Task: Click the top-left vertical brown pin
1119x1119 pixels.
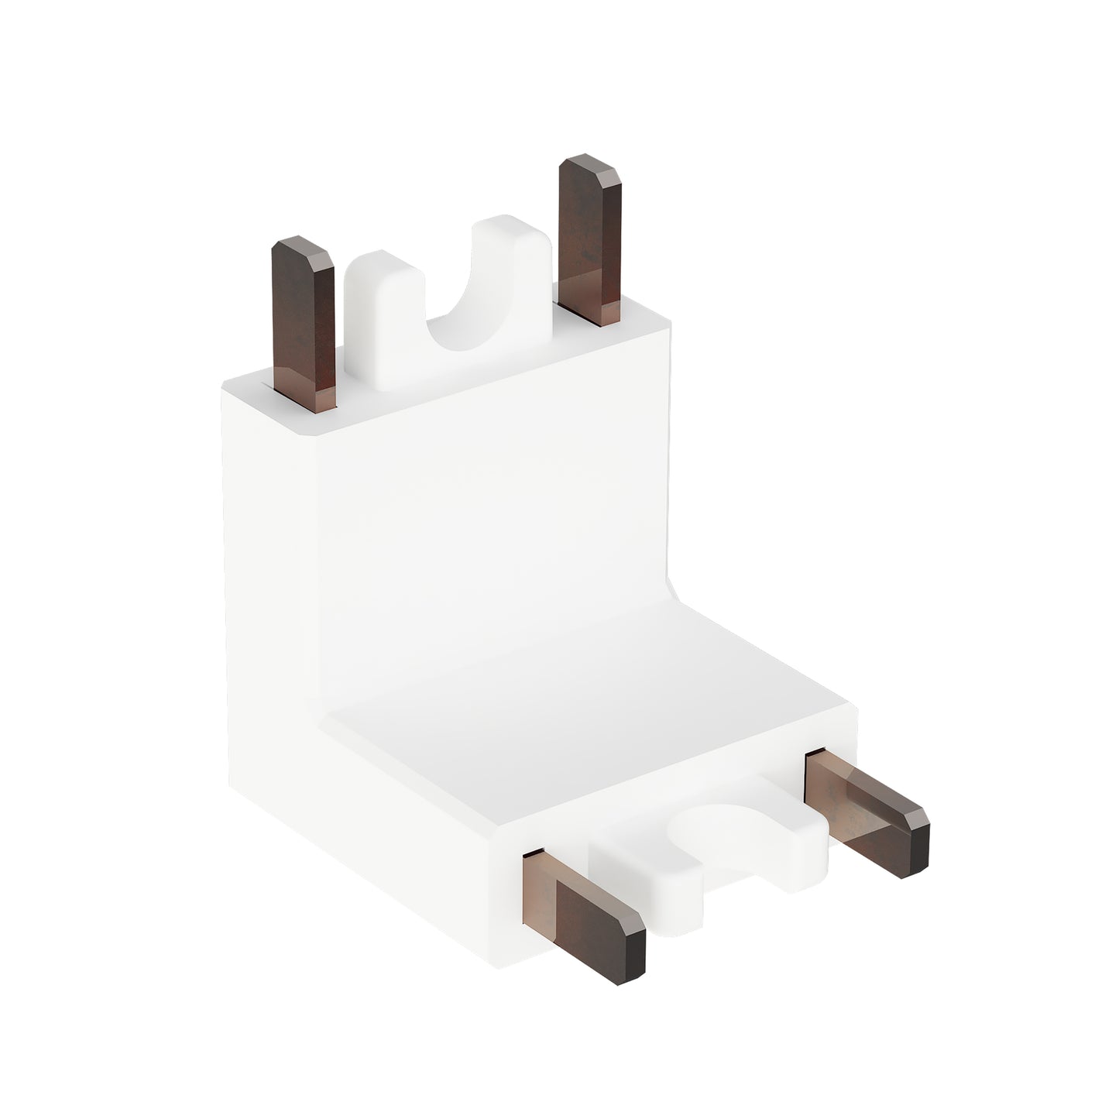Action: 304,325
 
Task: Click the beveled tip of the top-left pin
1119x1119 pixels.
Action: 302,252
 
